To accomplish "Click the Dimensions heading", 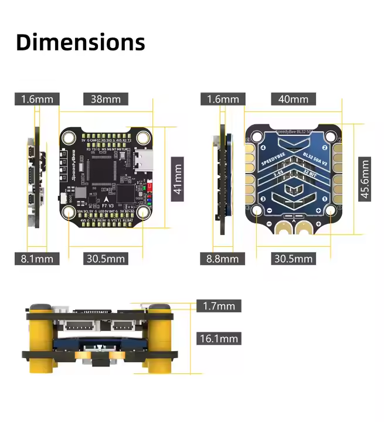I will [x=80, y=42].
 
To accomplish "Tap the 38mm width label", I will [x=106, y=99].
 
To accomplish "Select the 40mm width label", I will [x=293, y=99].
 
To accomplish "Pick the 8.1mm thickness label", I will [x=37, y=258].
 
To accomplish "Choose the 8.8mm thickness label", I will [x=222, y=258].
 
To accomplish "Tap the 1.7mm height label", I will [x=219, y=305].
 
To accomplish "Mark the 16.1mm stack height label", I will [x=219, y=338].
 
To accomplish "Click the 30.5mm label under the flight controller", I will [x=106, y=258].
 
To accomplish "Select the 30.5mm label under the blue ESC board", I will [x=293, y=258].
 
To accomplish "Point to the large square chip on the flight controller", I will [x=101, y=169].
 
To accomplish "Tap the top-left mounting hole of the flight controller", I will [x=69, y=138].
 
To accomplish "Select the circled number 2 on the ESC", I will [x=339, y=140].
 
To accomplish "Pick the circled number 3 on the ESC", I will [x=263, y=199].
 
